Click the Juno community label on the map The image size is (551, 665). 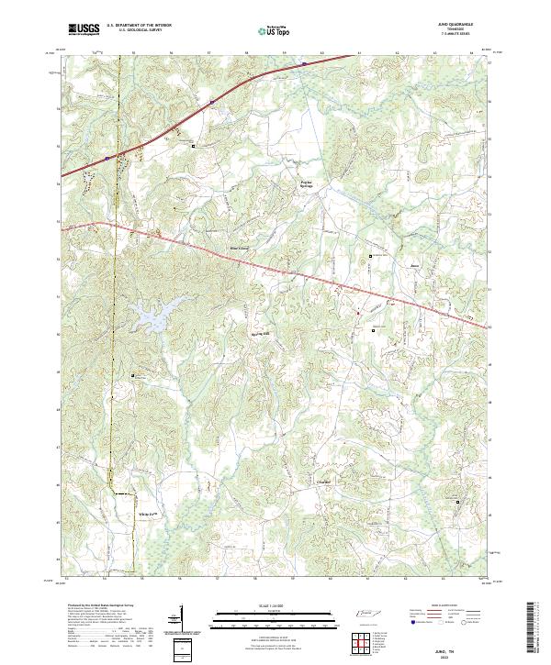pyautogui.click(x=413, y=267)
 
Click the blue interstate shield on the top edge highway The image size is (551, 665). pyautogui.click(x=300, y=63)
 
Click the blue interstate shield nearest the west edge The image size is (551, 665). pyautogui.click(x=107, y=158)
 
